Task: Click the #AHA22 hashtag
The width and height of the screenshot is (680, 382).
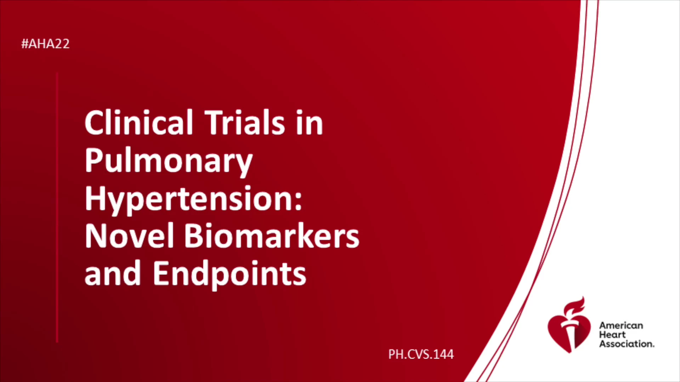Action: click(45, 44)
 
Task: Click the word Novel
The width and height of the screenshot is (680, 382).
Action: click(129, 236)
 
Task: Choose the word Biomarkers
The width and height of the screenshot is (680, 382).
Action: click(272, 236)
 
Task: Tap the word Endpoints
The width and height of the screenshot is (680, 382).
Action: click(229, 274)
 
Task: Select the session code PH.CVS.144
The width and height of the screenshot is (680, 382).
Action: click(421, 354)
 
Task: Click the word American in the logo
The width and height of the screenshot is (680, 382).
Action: click(621, 325)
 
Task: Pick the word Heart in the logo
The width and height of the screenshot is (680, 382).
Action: click(612, 335)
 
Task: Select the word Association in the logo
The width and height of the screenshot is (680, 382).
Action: click(627, 344)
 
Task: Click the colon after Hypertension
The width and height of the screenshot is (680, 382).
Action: click(298, 203)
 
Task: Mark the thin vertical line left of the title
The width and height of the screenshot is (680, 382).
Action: click(57, 207)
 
